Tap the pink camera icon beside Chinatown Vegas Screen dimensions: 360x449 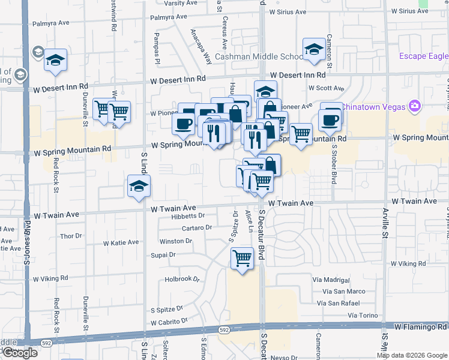(x=414, y=106)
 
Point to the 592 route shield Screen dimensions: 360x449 (x=224, y=329)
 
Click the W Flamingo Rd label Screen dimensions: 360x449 (x=420, y=327)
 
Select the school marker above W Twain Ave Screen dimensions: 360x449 (x=138, y=187)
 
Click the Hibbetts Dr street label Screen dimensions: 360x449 (x=188, y=216)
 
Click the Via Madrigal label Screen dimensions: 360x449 (x=331, y=280)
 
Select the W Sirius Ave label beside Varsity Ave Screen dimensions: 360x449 (x=288, y=11)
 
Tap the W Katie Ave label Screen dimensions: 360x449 (x=121, y=243)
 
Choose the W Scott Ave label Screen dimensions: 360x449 (x=326, y=88)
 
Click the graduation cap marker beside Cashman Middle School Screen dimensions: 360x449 (x=313, y=50)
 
